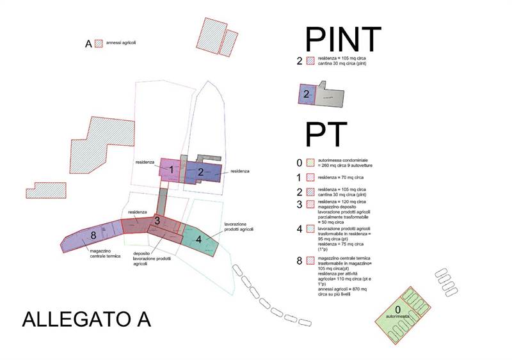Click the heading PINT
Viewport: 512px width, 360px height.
[x=343, y=39]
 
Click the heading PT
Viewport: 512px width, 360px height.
[x=326, y=135]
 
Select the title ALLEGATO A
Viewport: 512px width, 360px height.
[x=86, y=318]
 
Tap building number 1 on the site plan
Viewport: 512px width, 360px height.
[x=172, y=169]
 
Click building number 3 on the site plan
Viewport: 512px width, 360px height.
[x=157, y=221]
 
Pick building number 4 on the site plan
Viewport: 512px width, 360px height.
[x=200, y=239]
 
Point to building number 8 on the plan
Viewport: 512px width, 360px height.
[x=93, y=236]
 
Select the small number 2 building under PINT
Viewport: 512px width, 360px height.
[x=307, y=95]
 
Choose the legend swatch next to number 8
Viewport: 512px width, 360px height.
[x=311, y=260]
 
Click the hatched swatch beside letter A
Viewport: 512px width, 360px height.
[x=99, y=43]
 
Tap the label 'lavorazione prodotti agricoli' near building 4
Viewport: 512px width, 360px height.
[x=239, y=227]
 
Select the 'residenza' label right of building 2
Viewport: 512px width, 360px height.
[x=239, y=171]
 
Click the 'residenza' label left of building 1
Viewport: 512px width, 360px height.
[x=145, y=162]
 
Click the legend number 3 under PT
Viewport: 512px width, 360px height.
[x=299, y=205]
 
